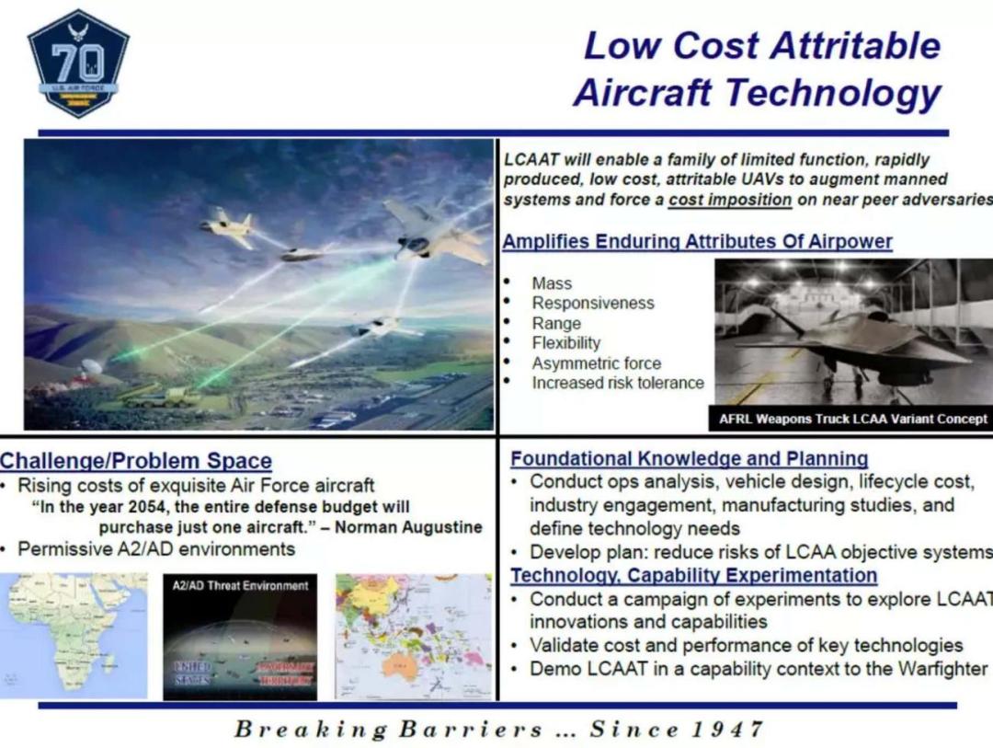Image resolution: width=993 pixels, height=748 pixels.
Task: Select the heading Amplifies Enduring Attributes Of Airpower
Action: coord(697,242)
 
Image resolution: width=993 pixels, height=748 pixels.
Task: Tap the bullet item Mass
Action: coord(552,283)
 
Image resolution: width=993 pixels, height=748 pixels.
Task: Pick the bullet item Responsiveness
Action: coord(593,304)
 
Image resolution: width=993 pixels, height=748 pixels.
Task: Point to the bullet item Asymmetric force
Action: coord(596,363)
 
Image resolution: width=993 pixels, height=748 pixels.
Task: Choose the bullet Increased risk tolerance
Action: coord(617,384)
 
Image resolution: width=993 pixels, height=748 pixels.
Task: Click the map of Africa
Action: coord(74,635)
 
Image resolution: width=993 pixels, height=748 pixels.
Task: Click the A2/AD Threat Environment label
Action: coord(240,585)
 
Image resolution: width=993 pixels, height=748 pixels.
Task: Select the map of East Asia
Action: coord(413,636)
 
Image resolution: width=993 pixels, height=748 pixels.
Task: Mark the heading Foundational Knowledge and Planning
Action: coord(690,458)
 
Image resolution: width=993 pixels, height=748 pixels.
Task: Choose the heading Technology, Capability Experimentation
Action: coord(694,576)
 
